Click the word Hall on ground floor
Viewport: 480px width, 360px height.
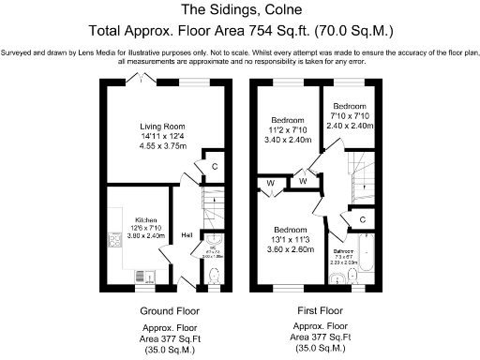[x=187, y=234]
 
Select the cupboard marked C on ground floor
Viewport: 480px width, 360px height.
[x=215, y=166]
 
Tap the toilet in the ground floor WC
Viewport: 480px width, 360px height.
[x=216, y=276]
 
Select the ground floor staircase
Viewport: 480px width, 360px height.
[x=213, y=216]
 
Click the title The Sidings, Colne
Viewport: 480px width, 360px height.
[x=239, y=11]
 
